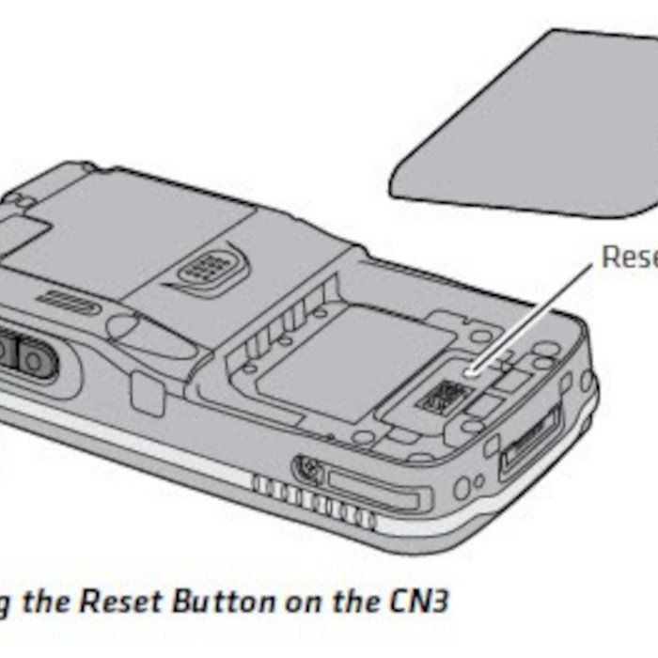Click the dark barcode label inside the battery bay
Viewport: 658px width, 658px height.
pos(440,399)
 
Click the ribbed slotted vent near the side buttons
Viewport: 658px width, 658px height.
pos(70,303)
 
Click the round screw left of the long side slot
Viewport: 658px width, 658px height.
pos(305,466)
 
